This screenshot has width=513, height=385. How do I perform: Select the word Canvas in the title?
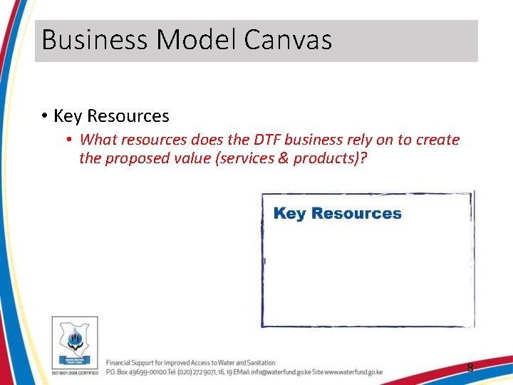click(288, 40)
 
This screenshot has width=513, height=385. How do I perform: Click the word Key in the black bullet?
click(68, 115)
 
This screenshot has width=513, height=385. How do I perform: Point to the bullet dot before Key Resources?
click(44, 116)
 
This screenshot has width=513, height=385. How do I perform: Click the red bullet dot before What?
click(70, 140)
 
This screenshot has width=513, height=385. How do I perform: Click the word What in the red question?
click(98, 140)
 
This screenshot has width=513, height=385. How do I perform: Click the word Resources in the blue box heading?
click(356, 213)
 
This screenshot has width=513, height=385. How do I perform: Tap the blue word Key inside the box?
click(290, 213)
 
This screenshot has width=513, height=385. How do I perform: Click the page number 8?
click(470, 368)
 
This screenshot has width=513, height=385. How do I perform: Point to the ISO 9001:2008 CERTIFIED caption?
click(75, 373)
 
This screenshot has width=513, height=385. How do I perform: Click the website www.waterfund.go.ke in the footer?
click(353, 372)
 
